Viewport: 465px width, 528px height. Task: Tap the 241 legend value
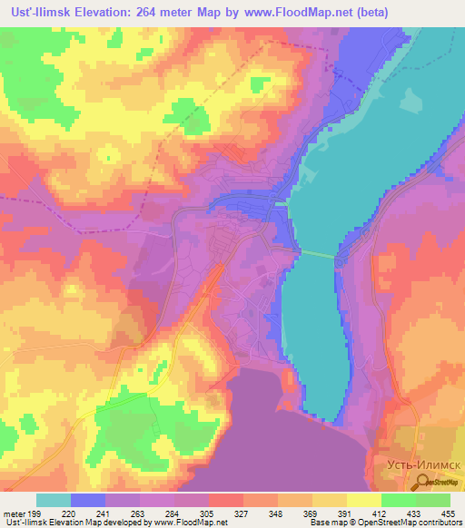(114, 514)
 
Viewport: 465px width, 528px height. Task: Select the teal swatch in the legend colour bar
(54, 500)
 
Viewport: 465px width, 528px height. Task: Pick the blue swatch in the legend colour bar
(88, 500)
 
